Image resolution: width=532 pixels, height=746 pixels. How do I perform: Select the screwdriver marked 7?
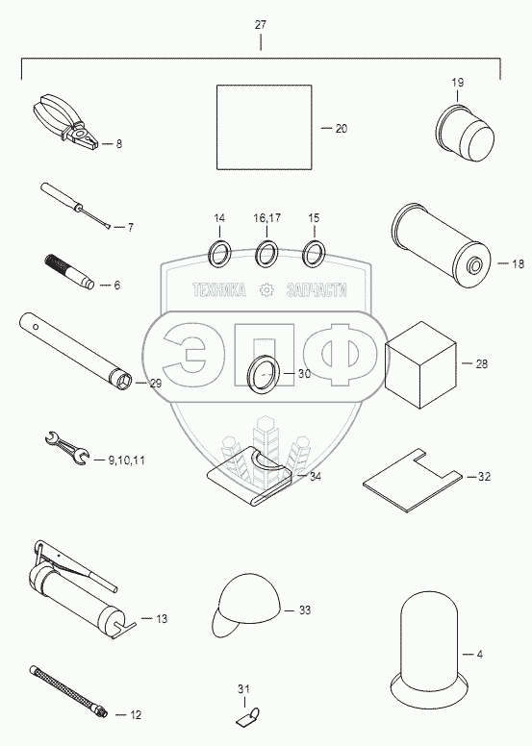[x=77, y=207]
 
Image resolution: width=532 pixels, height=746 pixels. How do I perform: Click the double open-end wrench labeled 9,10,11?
[x=66, y=447]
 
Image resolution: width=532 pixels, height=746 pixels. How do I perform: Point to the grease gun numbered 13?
[x=77, y=589]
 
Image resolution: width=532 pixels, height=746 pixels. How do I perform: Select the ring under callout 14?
[x=219, y=254]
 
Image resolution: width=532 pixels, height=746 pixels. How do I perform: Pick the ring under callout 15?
[x=314, y=254]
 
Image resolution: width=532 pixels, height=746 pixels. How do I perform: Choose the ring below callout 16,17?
[x=266, y=254]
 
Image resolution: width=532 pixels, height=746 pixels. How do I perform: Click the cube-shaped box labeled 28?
[x=420, y=365]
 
